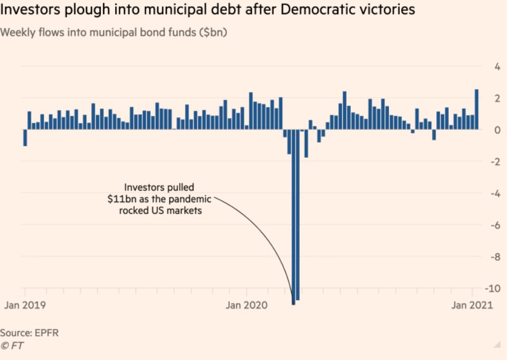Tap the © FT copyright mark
(x=12, y=346)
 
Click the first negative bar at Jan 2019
(x=25, y=138)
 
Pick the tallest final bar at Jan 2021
(x=476, y=109)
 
